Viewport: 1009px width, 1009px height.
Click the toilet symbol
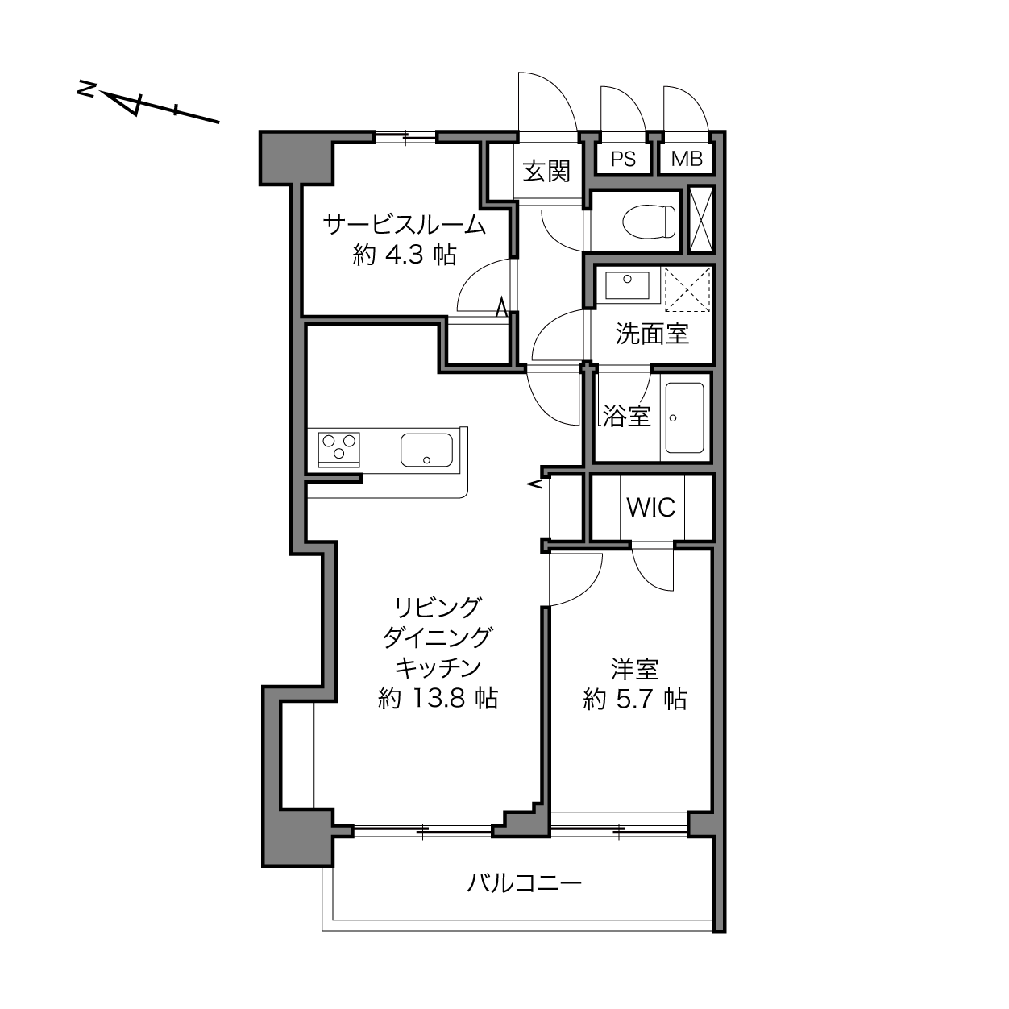(x=649, y=221)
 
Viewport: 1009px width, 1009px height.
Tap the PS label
(x=623, y=159)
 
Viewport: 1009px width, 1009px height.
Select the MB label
(x=686, y=159)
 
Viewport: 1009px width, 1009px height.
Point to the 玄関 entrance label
(x=546, y=172)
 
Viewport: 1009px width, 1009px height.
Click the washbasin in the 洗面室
(x=627, y=285)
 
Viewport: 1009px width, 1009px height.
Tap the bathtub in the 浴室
(x=684, y=417)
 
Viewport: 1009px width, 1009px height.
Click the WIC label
(x=651, y=507)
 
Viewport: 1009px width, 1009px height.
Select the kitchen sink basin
(x=426, y=449)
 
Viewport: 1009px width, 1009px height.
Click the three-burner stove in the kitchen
(x=338, y=449)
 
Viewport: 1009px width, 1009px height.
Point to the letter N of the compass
(x=85, y=89)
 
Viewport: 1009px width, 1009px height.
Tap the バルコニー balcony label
(x=524, y=883)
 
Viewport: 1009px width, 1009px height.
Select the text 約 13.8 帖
(x=438, y=697)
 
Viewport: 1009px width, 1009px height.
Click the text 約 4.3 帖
(x=405, y=255)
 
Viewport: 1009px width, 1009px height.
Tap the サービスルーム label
(x=405, y=225)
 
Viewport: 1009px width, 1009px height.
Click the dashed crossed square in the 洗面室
(x=687, y=289)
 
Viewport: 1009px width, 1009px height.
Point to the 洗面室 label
(x=652, y=334)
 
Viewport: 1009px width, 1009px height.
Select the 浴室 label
(x=626, y=416)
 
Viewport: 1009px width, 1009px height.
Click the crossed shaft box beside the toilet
(x=700, y=219)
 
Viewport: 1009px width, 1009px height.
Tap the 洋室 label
(x=634, y=669)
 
